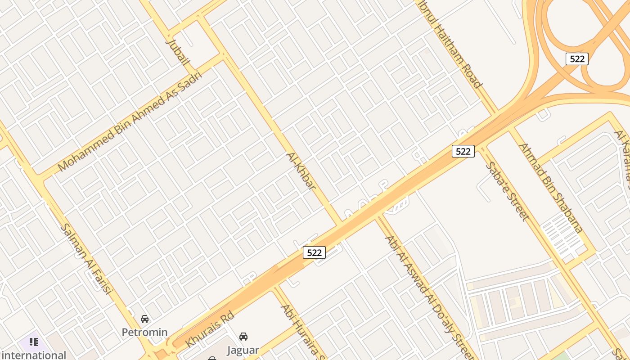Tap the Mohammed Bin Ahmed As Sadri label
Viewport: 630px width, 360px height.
[x=130, y=121]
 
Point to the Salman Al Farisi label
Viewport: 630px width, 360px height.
[x=85, y=259]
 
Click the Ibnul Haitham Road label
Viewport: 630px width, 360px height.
[x=454, y=45]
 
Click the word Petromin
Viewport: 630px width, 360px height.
[x=145, y=333]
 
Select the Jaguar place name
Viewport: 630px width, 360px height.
[x=243, y=350]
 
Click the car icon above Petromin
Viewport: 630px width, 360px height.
[x=144, y=319]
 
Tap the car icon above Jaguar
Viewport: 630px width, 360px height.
[x=243, y=337]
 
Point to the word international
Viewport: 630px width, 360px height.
[x=34, y=355]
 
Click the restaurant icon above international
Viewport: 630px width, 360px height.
[x=34, y=342]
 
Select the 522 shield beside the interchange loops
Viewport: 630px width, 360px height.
[x=577, y=58]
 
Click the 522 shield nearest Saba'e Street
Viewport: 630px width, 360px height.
[x=463, y=151]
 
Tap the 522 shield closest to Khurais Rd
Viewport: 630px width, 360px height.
[x=314, y=252]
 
